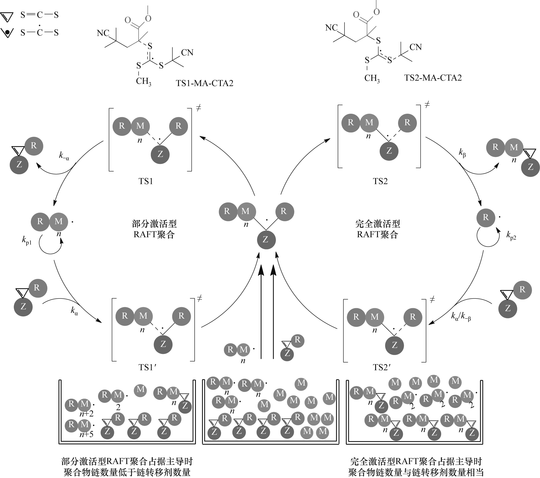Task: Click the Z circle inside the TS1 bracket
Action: (160, 154)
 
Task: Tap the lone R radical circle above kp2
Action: (486, 217)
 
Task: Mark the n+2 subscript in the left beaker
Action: (87, 414)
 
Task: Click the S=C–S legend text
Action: (40, 15)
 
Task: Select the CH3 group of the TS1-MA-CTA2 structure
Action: (143, 81)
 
